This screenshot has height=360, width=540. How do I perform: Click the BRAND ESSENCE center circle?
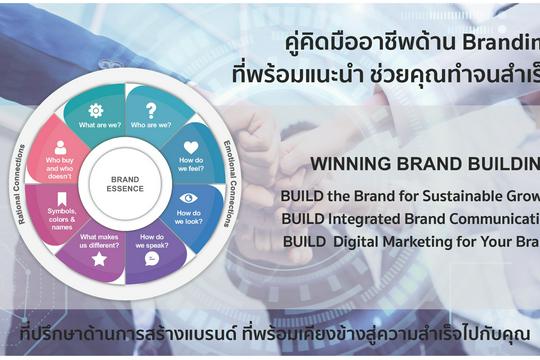coord(125,184)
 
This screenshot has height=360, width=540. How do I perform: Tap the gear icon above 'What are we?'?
coord(96,110)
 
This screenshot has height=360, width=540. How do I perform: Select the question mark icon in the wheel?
coord(151,110)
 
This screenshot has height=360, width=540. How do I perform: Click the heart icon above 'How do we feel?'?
coord(191,147)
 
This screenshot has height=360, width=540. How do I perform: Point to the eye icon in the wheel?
coord(190,198)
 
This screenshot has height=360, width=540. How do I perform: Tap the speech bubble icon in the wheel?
coord(152,258)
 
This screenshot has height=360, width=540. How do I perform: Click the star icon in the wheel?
coord(99,259)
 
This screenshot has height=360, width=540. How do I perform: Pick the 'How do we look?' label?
coord(188,217)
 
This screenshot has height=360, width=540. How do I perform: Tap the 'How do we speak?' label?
coord(153,239)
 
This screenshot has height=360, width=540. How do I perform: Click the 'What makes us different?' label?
coord(99,238)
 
